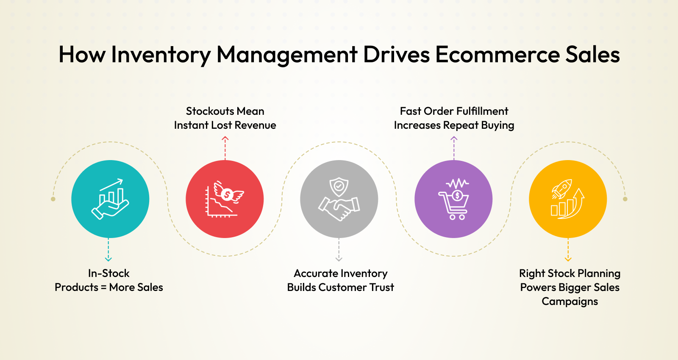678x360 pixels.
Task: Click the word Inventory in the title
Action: tap(161, 55)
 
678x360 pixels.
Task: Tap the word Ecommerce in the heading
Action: tap(497, 55)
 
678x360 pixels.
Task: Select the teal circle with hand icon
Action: tap(110, 199)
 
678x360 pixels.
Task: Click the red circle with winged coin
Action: tap(225, 199)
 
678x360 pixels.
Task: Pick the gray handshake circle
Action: tap(339, 199)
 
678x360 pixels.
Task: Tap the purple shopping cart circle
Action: tap(453, 199)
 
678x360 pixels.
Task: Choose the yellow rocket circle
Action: tap(568, 199)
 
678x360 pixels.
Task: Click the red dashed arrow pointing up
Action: tap(225, 148)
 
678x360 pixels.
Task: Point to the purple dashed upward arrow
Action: tap(454, 148)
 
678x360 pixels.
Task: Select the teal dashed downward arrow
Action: tap(108, 249)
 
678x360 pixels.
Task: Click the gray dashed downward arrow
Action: tap(339, 249)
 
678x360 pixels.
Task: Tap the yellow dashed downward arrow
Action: tap(568, 249)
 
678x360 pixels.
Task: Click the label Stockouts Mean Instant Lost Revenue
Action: tap(225, 118)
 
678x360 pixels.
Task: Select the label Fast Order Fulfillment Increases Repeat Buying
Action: tap(454, 118)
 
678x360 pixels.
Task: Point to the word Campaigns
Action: tap(570, 301)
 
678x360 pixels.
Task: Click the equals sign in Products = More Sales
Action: tap(103, 288)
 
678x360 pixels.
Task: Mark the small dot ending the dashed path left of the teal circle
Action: tap(53, 199)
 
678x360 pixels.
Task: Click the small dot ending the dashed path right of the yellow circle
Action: tap(625, 199)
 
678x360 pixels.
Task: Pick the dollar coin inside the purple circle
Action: tap(457, 196)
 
